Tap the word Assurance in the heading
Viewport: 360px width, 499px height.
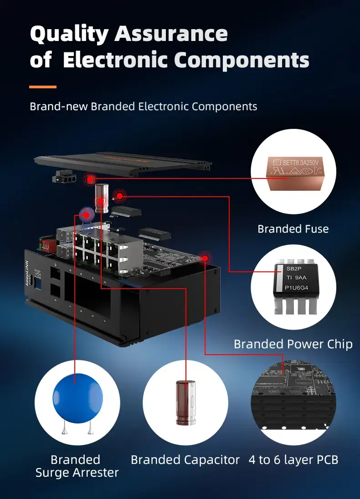(171, 34)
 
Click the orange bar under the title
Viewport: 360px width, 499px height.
(43, 87)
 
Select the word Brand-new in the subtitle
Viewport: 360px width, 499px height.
(59, 107)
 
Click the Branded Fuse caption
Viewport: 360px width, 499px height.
(293, 229)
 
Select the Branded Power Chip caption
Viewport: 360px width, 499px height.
(293, 344)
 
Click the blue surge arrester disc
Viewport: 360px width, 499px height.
(77, 397)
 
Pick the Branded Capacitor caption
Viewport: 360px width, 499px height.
(185, 460)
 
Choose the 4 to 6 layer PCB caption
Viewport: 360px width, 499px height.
(293, 460)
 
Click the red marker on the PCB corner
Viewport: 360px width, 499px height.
(205, 258)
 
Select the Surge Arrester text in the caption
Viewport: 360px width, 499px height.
(77, 473)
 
